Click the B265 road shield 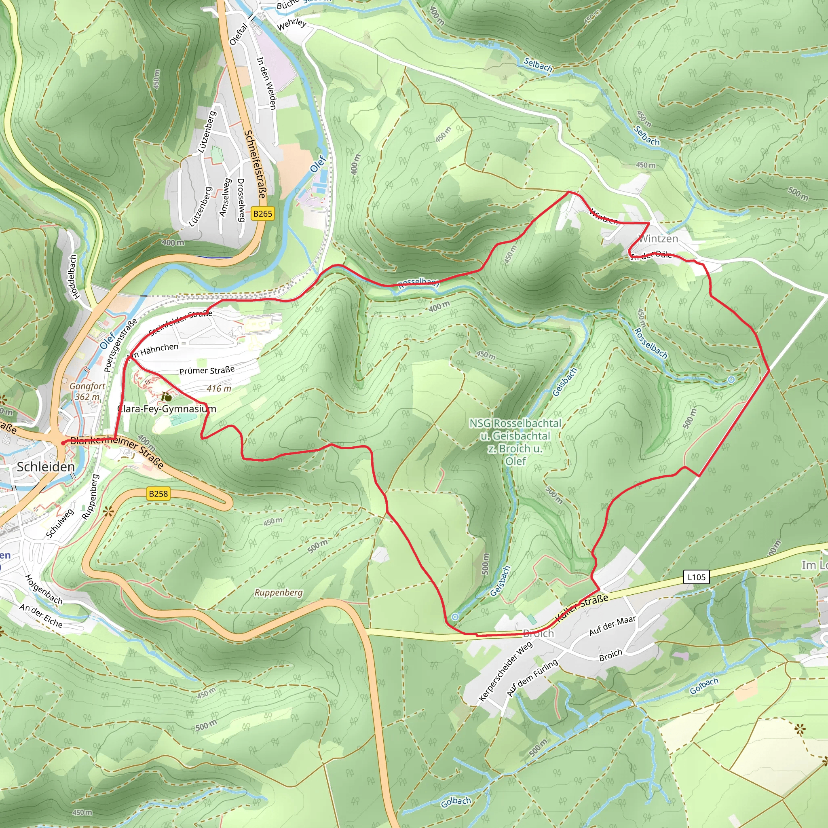tap(262, 213)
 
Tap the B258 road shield tap(158, 494)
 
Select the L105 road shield tap(696, 577)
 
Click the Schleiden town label tap(46, 467)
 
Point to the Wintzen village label tap(658, 239)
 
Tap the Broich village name tap(538, 634)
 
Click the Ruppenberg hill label tap(278, 592)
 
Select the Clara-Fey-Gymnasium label tap(166, 409)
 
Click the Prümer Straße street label tap(207, 370)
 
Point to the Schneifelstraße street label tap(255, 164)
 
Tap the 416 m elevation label tap(219, 389)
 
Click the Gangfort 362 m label tap(87, 391)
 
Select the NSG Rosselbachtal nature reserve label tap(515, 442)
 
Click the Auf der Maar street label tap(612, 626)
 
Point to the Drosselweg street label tap(241, 200)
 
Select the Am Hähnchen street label tap(153, 350)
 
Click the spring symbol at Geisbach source tap(455, 617)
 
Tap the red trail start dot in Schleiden tap(63, 443)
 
